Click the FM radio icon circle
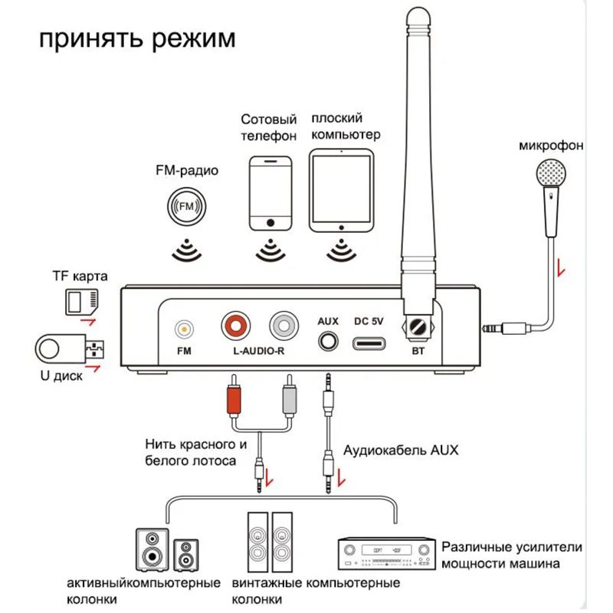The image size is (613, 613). (x=186, y=207)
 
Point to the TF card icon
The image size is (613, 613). (x=82, y=302)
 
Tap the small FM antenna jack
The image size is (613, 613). (x=183, y=328)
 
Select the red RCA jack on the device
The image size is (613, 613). (x=235, y=326)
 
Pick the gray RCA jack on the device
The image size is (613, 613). (x=284, y=326)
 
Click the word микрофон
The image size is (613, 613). (x=550, y=145)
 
